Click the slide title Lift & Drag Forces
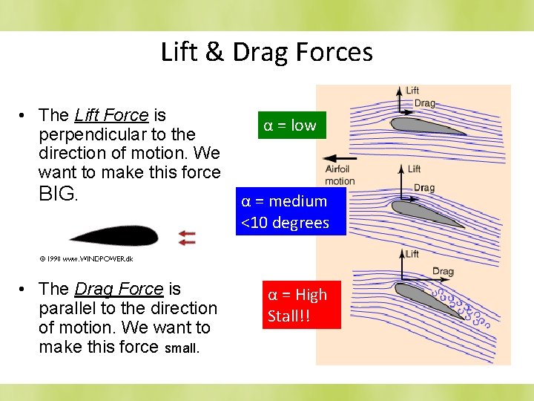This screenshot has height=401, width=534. pos(266,52)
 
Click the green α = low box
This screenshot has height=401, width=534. pos(289,125)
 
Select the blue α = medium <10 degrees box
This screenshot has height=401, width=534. pos(291,212)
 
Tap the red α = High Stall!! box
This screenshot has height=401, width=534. pos(297,304)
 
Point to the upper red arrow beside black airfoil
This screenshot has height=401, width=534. pos(187,232)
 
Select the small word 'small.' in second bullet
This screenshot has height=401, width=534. pos(182,348)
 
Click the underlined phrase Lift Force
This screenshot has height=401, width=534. pos(111,115)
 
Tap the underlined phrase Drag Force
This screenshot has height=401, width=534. pos(119,289)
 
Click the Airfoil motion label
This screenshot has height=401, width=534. pos(340,175)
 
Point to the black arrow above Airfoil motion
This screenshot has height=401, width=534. pos(340,158)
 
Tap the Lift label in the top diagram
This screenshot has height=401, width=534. pos(413,91)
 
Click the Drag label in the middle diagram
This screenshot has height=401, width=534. pos(423,188)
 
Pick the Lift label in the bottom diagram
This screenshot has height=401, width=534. pos(412,254)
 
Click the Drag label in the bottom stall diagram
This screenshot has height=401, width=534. pos(442,272)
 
